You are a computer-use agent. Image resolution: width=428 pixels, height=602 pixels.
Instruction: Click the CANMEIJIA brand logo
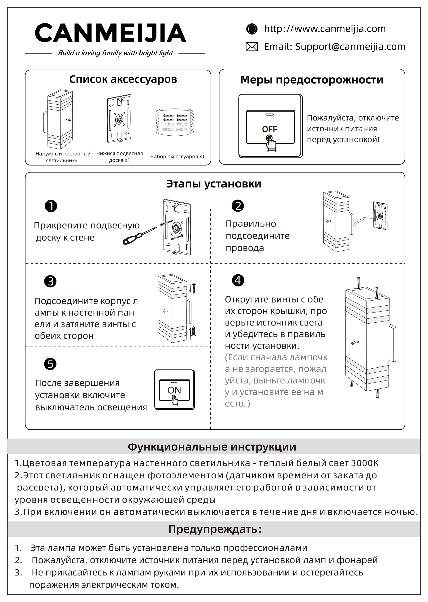110,33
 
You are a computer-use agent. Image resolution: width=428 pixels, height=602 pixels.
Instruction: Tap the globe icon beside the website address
252,29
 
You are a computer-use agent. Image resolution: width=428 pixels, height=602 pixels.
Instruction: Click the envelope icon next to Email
252,47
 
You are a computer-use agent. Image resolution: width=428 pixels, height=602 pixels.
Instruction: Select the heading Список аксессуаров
123,79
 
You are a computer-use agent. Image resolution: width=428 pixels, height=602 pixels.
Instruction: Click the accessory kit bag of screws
175,122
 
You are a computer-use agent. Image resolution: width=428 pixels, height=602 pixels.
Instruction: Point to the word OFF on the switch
269,129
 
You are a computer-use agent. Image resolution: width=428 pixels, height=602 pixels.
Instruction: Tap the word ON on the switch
174,390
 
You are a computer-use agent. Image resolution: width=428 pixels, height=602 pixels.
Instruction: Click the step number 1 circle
51,206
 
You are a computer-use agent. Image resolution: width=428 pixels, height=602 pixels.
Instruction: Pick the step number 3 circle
50,281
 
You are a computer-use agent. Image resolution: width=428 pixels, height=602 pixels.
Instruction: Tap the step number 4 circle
238,280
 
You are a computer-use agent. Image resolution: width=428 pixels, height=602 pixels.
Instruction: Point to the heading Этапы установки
214,184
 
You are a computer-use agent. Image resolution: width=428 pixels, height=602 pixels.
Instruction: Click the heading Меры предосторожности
312,80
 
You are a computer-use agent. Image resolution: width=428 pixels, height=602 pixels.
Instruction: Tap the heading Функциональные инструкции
212,447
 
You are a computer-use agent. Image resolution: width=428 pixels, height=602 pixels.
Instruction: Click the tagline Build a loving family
115,53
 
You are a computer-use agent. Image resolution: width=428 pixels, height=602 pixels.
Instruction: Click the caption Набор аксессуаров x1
177,156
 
